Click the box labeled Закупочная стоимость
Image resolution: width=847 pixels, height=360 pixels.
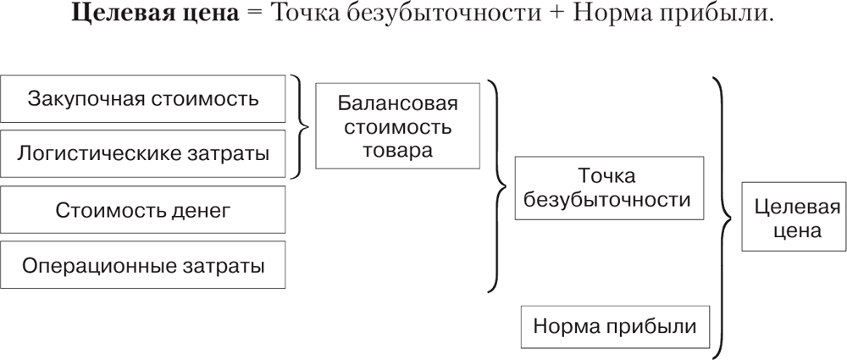[x=143, y=98]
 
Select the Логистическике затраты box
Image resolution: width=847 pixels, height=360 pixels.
[x=143, y=154]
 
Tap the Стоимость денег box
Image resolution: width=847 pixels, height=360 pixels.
[x=143, y=209]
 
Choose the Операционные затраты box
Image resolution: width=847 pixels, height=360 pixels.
[x=143, y=265]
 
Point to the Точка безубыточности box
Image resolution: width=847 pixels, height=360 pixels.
[x=608, y=188]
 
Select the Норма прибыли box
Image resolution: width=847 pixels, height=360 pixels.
[x=615, y=326]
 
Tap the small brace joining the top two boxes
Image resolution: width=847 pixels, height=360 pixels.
[x=301, y=127]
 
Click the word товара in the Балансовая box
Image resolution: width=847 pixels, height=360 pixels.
[x=397, y=151]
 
